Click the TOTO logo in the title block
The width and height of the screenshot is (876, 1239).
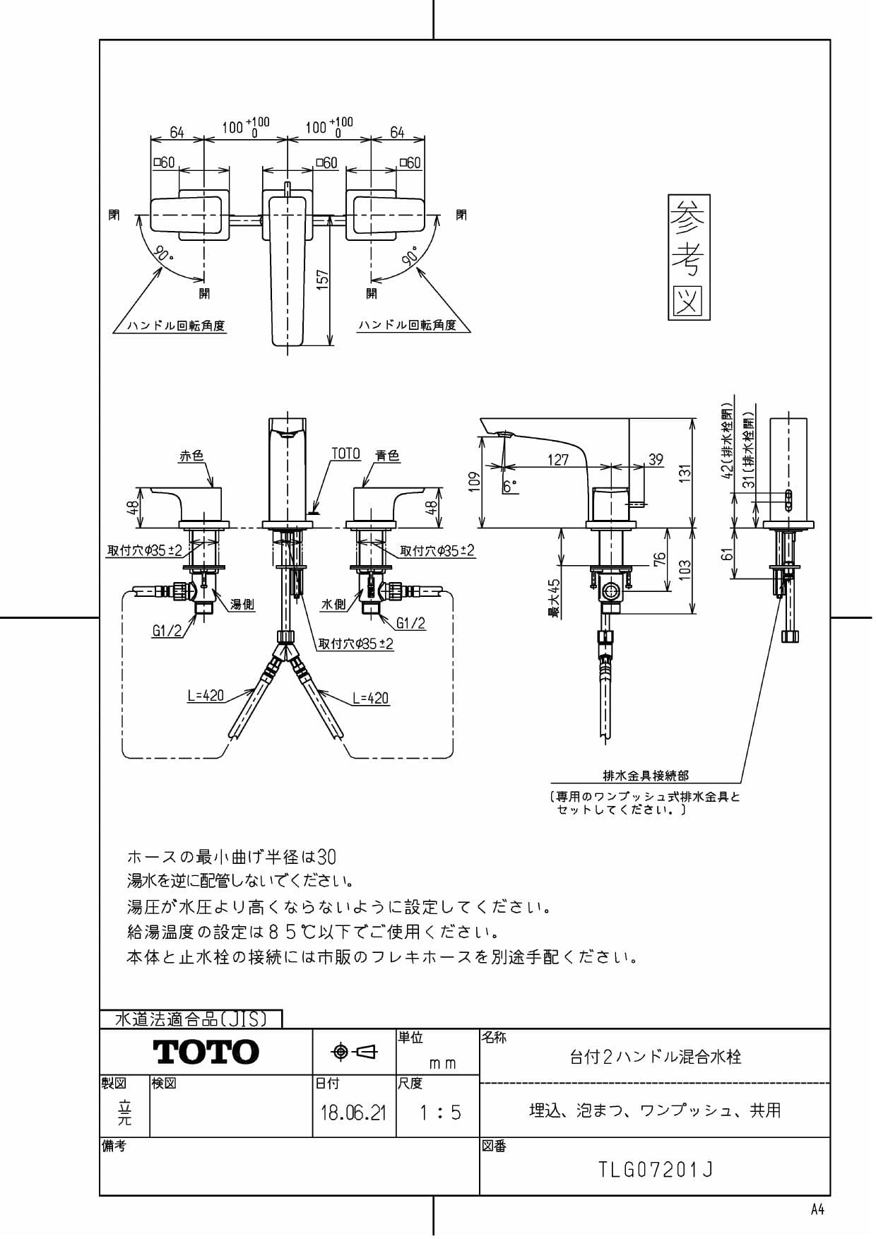(206, 1053)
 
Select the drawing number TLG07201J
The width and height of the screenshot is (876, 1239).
(656, 1170)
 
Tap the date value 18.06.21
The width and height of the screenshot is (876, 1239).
(353, 1113)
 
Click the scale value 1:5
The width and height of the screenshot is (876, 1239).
(439, 1113)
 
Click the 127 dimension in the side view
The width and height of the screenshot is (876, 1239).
(558, 460)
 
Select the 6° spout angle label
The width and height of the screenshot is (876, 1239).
(510, 487)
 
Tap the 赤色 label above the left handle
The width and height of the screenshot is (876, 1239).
(191, 456)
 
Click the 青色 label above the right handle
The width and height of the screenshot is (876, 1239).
(387, 456)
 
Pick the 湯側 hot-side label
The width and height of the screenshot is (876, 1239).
(242, 605)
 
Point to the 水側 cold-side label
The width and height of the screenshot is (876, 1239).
(333, 605)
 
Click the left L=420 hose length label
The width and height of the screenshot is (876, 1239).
(206, 696)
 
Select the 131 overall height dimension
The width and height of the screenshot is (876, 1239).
(685, 473)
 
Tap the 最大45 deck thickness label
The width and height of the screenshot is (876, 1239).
(555, 599)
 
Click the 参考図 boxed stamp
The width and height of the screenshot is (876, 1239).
(689, 257)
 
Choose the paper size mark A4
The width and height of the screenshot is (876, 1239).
(817, 1209)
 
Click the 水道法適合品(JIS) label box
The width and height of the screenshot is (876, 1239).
(191, 1019)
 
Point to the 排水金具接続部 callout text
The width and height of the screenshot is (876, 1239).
(646, 776)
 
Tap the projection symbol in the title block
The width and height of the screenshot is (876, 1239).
(355, 1052)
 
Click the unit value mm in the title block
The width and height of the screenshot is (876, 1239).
(443, 1063)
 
